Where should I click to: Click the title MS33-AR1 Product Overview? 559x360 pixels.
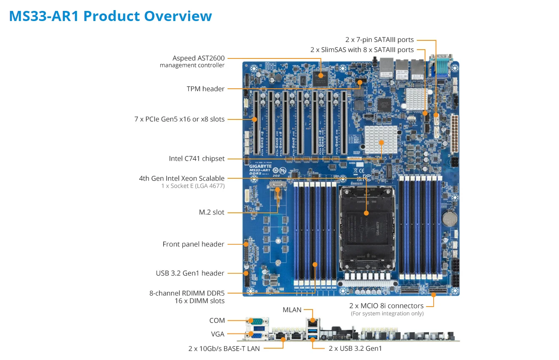[x=110, y=16]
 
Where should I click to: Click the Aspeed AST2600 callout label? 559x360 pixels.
[x=198, y=58]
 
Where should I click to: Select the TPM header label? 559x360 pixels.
[x=205, y=89]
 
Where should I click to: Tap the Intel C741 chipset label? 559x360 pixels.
[x=196, y=159]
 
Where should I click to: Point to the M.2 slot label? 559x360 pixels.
[x=212, y=212]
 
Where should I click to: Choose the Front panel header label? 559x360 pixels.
[x=193, y=244]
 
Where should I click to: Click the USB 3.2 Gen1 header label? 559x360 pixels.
[x=190, y=273]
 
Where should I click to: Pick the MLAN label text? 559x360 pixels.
[x=292, y=310]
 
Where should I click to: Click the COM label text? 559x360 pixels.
[x=217, y=320]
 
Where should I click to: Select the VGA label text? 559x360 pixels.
[x=217, y=334]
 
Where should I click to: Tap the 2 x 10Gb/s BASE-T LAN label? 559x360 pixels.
[x=224, y=348]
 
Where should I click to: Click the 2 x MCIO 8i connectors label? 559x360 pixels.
[x=386, y=306]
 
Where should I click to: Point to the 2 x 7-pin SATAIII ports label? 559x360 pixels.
[x=379, y=40]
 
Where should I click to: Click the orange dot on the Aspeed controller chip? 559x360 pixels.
[x=321, y=76]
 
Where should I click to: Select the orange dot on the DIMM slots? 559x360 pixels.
[x=315, y=264]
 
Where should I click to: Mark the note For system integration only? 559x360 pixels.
[x=387, y=314]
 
